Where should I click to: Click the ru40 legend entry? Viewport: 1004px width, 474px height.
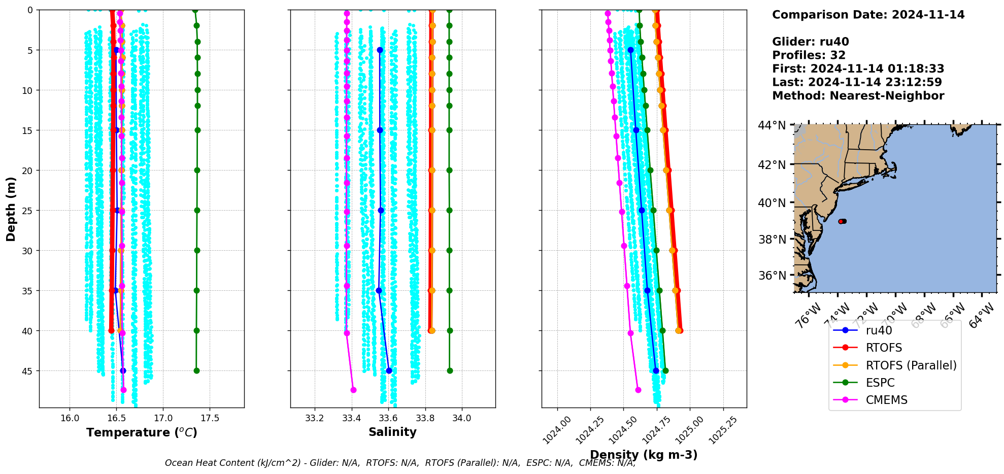879,330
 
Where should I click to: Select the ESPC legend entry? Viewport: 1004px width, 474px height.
880,383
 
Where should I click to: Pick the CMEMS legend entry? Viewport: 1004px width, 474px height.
886,400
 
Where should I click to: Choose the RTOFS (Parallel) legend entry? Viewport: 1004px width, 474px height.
911,365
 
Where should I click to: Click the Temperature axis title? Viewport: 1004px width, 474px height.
142,432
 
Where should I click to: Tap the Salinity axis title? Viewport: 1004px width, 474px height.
392,432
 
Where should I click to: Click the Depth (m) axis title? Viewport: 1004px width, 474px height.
11,209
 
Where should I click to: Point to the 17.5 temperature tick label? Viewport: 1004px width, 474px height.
210,418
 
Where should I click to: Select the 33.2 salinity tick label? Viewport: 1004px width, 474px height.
315,418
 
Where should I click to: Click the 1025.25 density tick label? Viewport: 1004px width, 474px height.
722,430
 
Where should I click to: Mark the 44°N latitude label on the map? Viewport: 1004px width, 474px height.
772,125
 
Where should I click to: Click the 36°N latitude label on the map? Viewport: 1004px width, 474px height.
772,276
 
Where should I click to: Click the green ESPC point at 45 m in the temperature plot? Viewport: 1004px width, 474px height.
196,370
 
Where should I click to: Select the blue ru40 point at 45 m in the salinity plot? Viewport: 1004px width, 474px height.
389,370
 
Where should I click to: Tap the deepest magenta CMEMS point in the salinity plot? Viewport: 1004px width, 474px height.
353,390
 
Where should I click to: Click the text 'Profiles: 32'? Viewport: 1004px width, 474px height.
809,55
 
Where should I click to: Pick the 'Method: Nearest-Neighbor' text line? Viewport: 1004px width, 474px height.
858,95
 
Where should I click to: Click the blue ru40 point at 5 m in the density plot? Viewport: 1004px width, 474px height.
630,50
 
